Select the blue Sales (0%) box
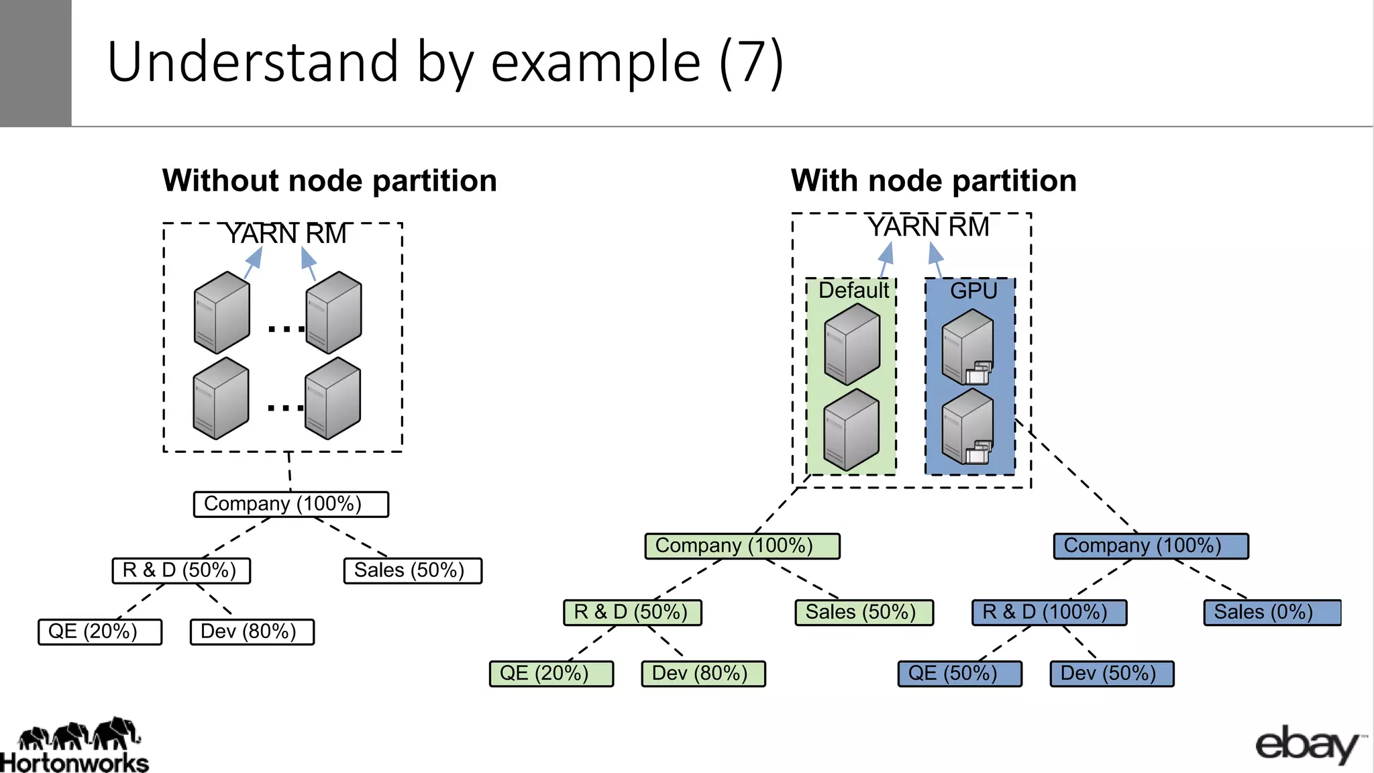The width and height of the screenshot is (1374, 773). pos(1272,613)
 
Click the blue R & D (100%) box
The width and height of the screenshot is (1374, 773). pos(1049,613)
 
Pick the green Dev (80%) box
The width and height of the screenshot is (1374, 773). pos(703,674)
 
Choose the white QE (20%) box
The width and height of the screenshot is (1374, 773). pos(100,632)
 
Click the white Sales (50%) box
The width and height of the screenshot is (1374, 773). pos(413,571)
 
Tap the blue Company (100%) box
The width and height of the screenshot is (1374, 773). pos(1151,546)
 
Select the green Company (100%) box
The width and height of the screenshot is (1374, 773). pos(742,546)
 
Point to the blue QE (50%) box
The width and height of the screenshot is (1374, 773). pos(959,674)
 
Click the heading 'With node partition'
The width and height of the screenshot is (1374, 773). pos(933,181)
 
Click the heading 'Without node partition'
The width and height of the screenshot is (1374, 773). pos(329,181)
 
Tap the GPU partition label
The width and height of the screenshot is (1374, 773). pos(973,291)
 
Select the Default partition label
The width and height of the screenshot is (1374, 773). pos(853,291)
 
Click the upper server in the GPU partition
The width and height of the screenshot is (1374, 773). pos(967,347)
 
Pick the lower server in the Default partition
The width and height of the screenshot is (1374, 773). pos(851,430)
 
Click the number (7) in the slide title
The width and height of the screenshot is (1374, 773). pos(751,62)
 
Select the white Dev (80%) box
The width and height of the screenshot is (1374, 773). pos(252,632)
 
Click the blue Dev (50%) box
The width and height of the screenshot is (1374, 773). pos(1112,674)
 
